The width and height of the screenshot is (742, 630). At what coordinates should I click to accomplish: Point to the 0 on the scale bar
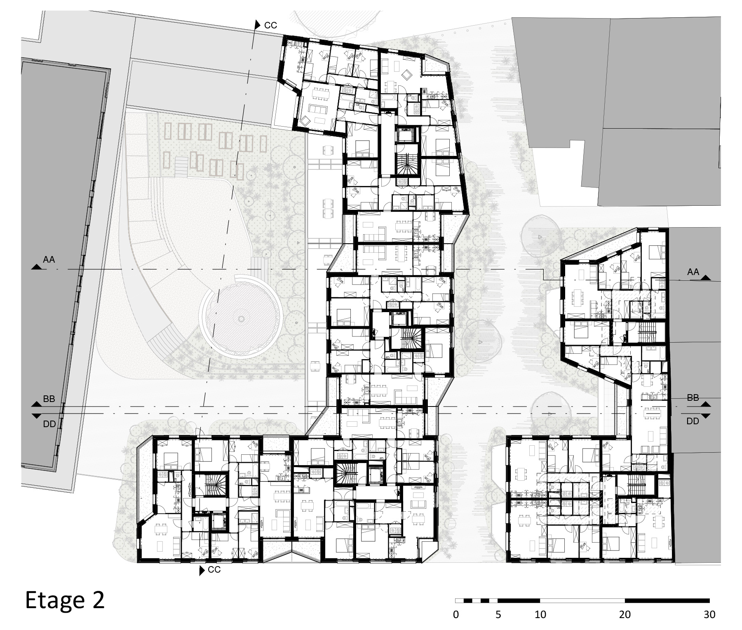(456, 614)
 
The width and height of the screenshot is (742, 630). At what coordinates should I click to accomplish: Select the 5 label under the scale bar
(498, 614)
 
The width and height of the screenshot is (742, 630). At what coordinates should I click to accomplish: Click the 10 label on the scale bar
(540, 614)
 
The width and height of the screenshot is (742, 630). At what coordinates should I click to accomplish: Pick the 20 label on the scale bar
(625, 614)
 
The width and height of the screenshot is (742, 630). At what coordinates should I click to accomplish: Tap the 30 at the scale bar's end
(709, 614)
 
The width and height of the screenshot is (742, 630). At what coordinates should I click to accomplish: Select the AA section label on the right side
(693, 272)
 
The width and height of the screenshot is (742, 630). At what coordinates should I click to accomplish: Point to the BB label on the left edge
(49, 400)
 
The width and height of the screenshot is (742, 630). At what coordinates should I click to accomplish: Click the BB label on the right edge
(693, 398)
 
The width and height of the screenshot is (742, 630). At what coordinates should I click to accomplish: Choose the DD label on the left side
(49, 424)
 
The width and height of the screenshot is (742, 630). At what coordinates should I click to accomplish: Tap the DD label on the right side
(693, 421)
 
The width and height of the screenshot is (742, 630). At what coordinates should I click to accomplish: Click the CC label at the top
(270, 26)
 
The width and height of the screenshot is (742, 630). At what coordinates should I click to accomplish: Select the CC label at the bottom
(214, 570)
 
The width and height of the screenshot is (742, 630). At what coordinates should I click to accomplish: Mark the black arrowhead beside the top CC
(257, 25)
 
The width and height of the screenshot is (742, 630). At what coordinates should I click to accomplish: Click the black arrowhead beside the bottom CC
(202, 571)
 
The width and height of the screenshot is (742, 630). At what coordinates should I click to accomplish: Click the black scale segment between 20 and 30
(667, 600)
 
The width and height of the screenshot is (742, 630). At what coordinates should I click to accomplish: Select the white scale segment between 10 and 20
(582, 600)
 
